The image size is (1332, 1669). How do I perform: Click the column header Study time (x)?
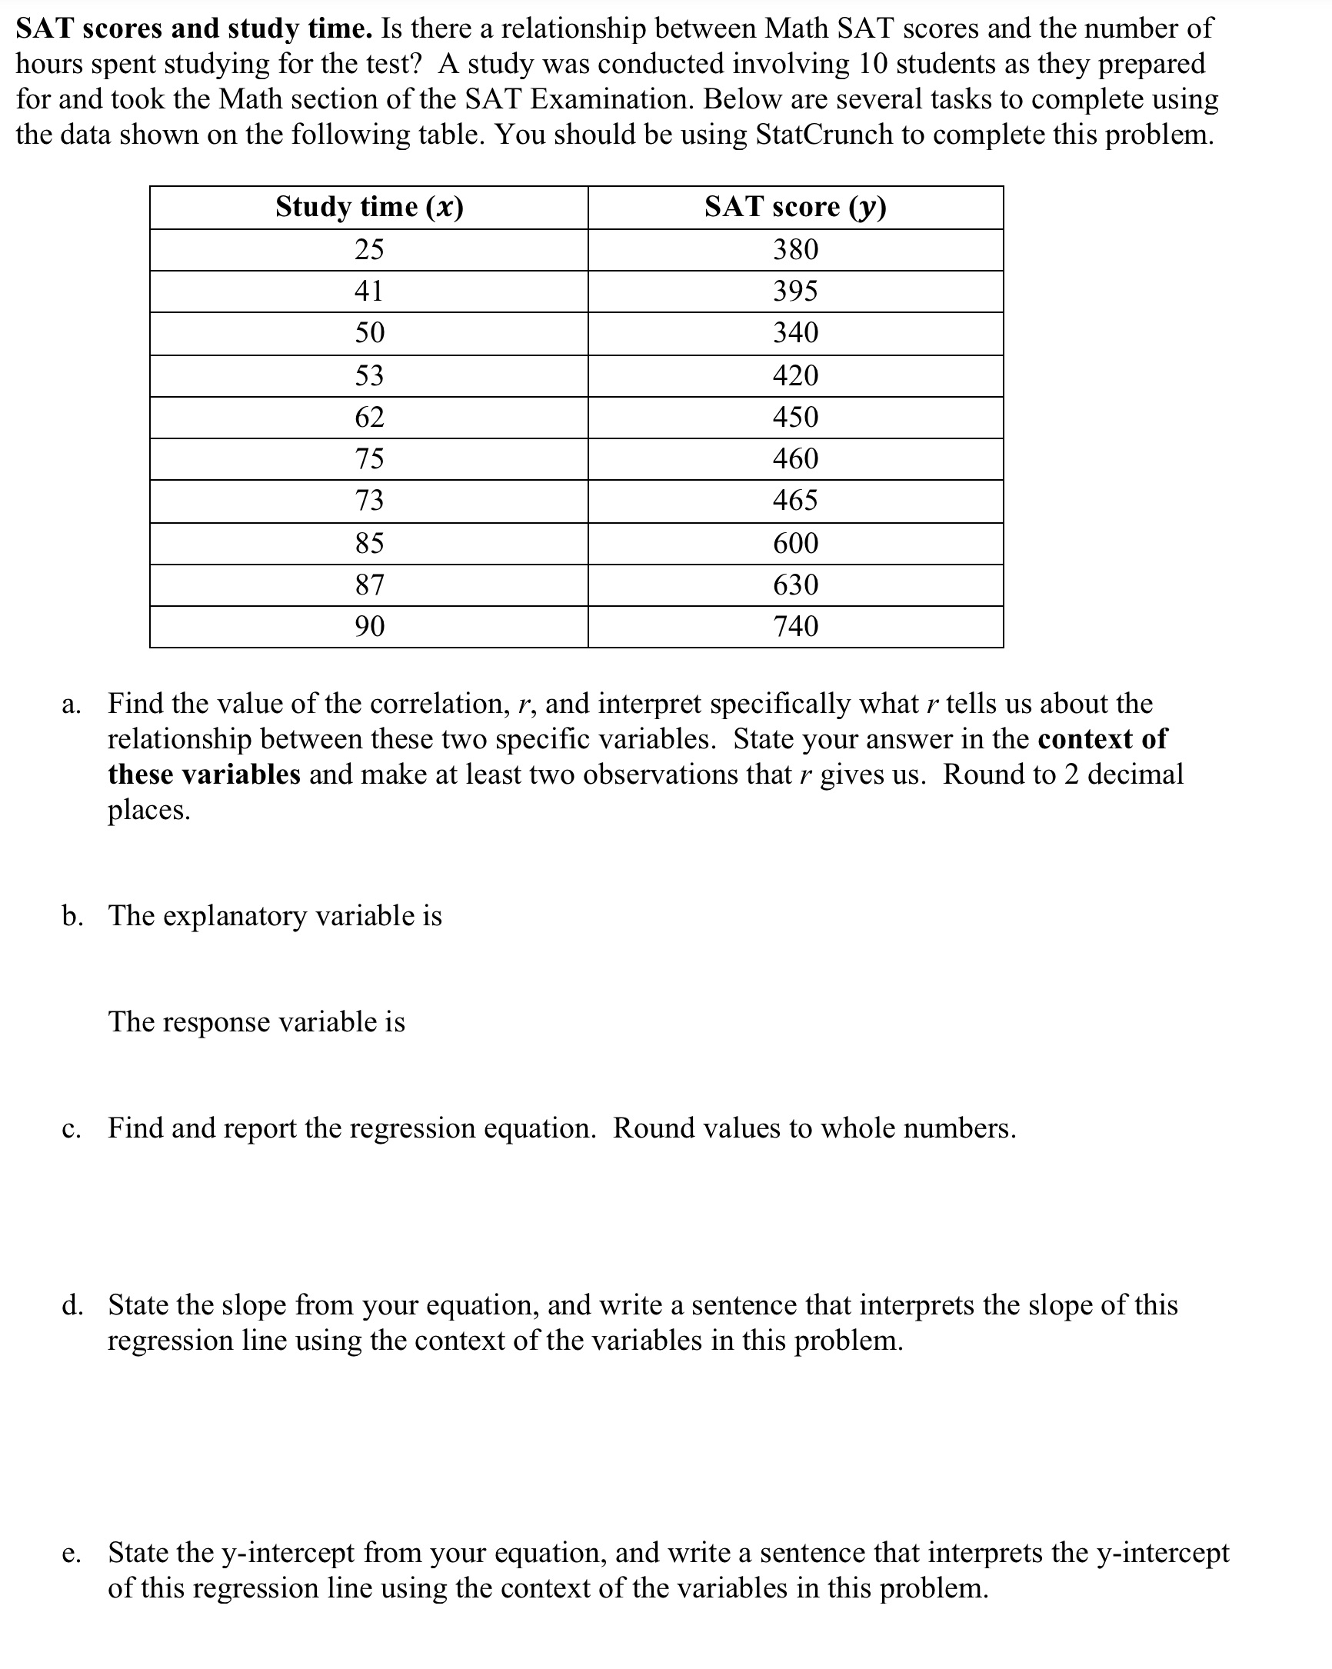coord(369,207)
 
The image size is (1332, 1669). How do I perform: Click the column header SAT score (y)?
coord(795,207)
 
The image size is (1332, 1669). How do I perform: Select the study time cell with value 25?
coord(369,249)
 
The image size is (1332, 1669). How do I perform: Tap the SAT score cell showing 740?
coord(796,626)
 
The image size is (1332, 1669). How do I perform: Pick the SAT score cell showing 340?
coord(796,333)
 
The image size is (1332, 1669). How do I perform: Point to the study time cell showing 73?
coord(369,501)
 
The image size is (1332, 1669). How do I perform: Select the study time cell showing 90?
coord(369,626)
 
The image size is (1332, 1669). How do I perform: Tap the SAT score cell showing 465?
coord(796,501)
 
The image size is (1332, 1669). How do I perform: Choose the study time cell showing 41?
coord(369,291)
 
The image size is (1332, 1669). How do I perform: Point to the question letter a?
coord(71,705)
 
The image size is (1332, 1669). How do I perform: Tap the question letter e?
coord(71,1554)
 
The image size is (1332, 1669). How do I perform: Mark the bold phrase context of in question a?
coord(1101,739)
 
